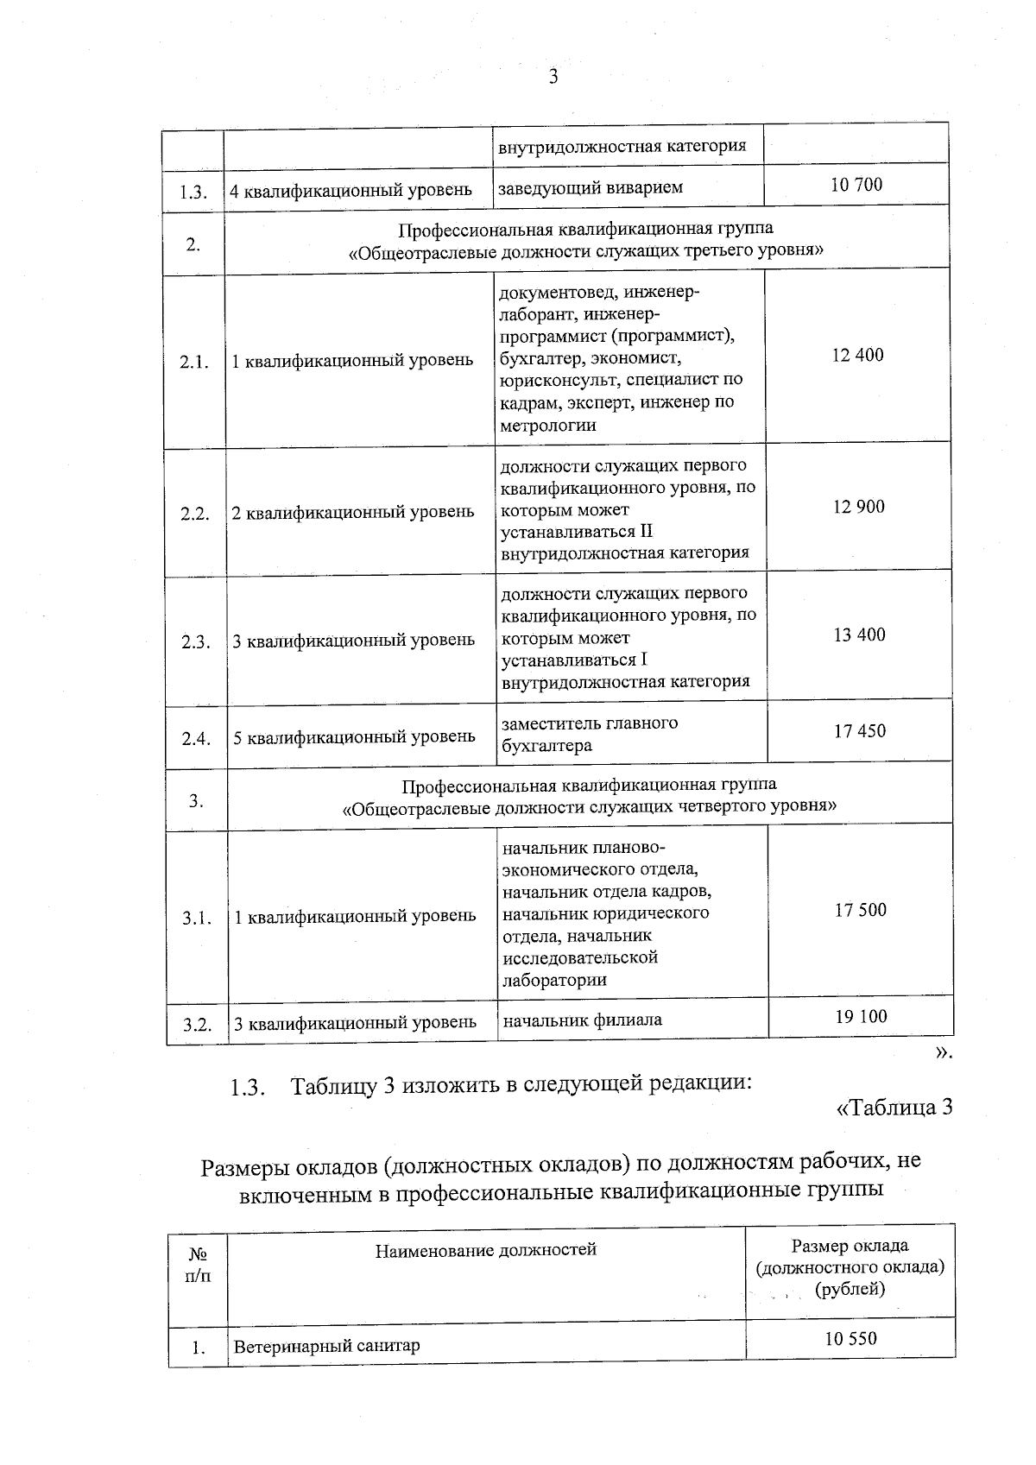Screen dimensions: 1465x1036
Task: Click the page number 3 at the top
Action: tap(553, 77)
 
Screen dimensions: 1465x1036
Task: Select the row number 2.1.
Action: tap(194, 362)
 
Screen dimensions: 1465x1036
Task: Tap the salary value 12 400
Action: tap(857, 355)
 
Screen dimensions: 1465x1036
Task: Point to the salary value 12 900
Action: tap(858, 507)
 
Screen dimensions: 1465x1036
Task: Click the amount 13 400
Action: tap(859, 635)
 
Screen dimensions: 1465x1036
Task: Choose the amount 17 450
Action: tap(859, 731)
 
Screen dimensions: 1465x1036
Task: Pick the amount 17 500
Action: tap(860, 910)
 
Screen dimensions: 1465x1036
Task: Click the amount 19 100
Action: tap(861, 1016)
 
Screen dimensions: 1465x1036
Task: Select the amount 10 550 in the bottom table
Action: tap(850, 1338)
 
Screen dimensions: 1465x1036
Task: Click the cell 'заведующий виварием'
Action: tap(591, 187)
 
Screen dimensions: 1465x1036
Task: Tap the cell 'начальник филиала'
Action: tap(583, 1020)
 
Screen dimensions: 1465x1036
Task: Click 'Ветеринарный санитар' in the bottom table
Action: tap(326, 1346)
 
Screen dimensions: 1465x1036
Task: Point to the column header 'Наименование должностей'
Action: tap(485, 1249)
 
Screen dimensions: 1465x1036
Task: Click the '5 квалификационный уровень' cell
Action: tap(354, 737)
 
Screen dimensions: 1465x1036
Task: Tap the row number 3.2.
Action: tap(197, 1025)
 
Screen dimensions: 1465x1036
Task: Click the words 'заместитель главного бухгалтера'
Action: tap(590, 734)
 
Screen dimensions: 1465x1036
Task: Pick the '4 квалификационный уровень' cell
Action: tap(351, 190)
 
